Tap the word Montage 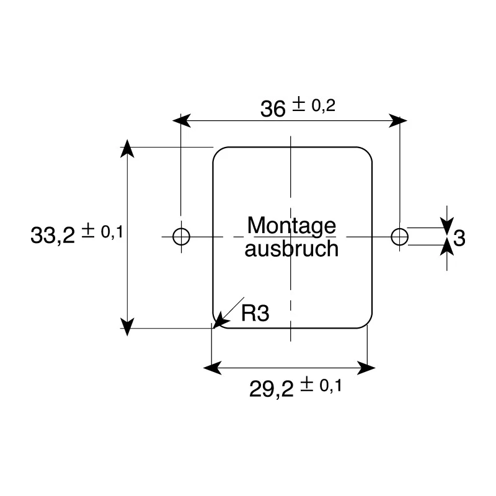tap(291, 226)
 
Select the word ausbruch tap(291, 249)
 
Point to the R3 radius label tap(255, 313)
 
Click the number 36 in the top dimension tap(273, 109)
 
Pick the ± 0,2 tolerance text tap(313, 105)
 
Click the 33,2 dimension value tap(53, 235)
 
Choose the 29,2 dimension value tap(272, 389)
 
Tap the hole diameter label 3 tap(459, 238)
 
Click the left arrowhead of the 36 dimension tap(182, 120)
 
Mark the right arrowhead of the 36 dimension tap(398, 120)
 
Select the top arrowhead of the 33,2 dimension tap(127, 148)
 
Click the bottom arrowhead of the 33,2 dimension tap(127, 327)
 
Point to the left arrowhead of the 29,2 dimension tap(212, 368)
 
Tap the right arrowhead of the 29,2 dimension tap(366, 368)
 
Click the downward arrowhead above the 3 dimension tap(447, 226)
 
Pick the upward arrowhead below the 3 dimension tap(447, 247)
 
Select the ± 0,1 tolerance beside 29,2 tap(321, 385)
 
